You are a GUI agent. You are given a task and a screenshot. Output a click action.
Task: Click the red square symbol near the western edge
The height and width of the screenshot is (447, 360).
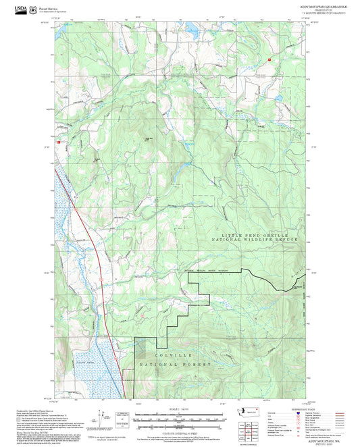[x=59, y=142]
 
